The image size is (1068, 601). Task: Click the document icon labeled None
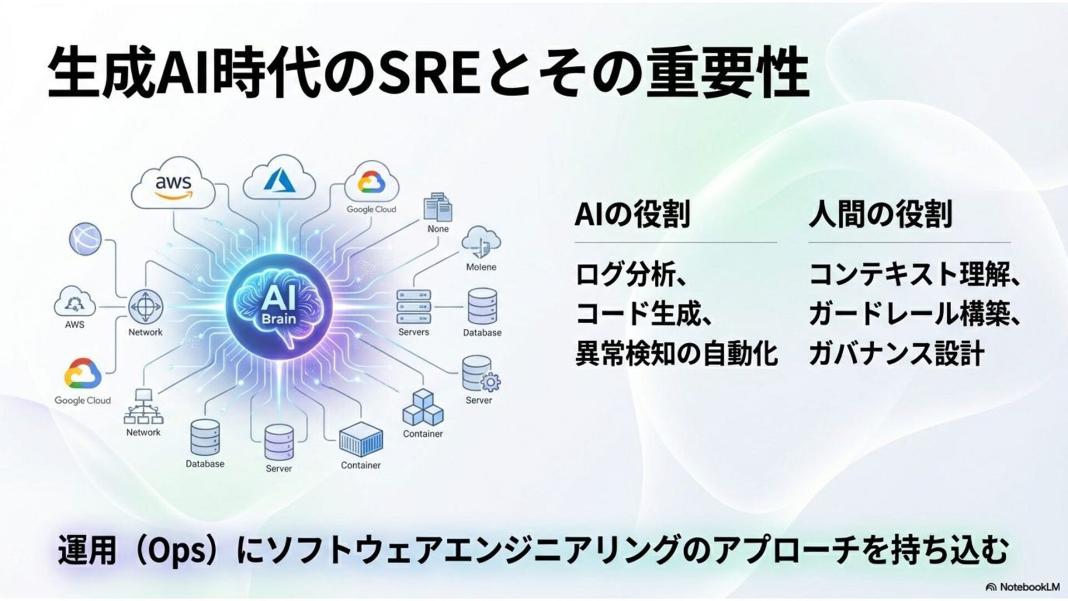[x=438, y=209]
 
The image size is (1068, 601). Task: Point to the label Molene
[x=481, y=267]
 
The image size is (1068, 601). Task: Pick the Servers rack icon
[x=414, y=307]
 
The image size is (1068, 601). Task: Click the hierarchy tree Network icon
[x=143, y=407]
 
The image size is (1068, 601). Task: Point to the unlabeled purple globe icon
[x=86, y=239]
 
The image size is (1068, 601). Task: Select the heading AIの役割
[x=632, y=214]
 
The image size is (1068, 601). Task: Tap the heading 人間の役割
[x=881, y=214]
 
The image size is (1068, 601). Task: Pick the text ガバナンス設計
[x=897, y=353]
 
